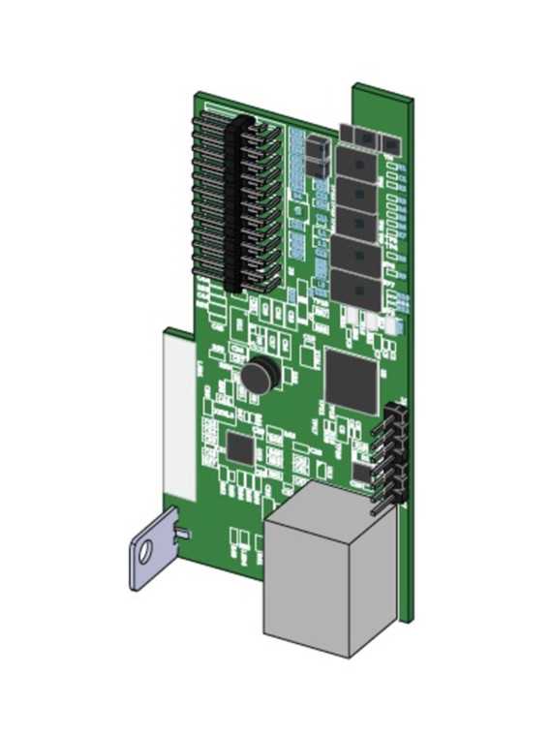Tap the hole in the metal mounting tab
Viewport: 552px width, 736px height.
point(145,554)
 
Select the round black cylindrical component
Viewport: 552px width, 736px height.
point(259,375)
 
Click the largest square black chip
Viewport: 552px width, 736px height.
point(351,379)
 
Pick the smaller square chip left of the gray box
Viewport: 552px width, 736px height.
point(240,446)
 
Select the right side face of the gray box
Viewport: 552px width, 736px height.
point(374,591)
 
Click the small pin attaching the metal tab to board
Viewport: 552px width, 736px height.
point(180,533)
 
